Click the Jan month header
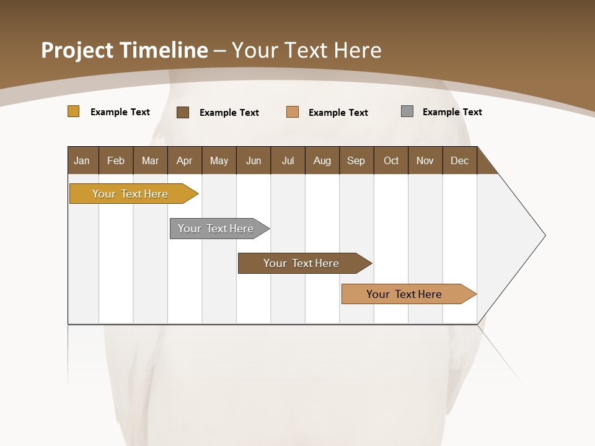click(x=82, y=160)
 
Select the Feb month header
click(x=116, y=160)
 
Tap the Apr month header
click(x=184, y=160)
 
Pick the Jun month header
click(x=253, y=160)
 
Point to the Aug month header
click(x=322, y=160)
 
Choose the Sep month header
click(x=356, y=160)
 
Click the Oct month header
click(x=391, y=160)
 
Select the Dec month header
click(x=459, y=160)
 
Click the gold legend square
click(x=73, y=111)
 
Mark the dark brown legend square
click(x=183, y=112)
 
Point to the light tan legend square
click(x=293, y=112)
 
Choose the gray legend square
click(x=407, y=111)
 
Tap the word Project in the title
click(x=76, y=50)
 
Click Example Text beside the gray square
click(x=452, y=112)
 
